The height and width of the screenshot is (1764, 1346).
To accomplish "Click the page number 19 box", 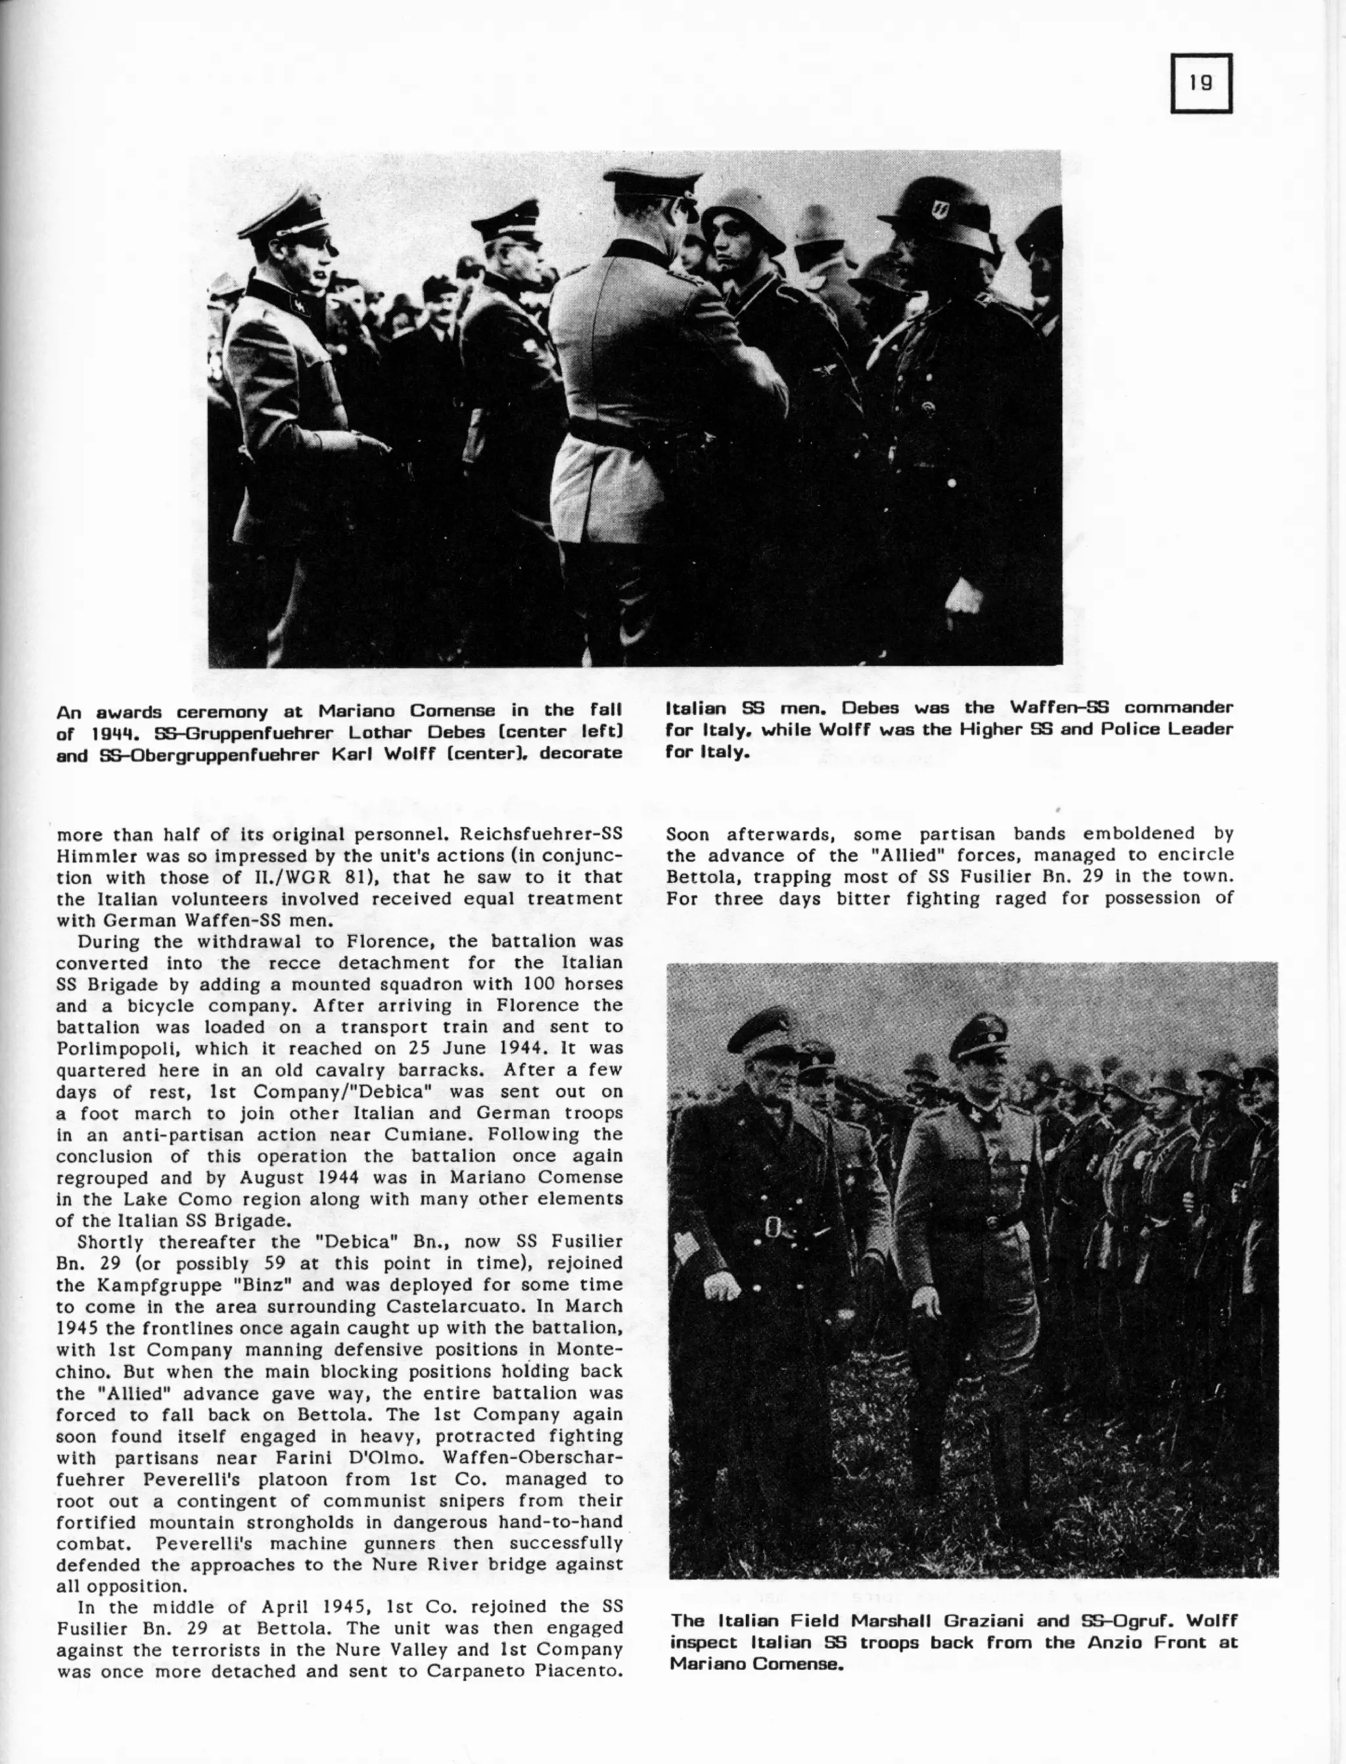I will click(x=1200, y=83).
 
